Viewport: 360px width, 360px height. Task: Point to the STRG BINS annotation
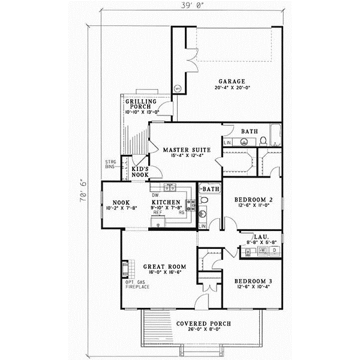111,164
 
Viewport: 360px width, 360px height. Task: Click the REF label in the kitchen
157,212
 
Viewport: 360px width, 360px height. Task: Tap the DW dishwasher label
155,195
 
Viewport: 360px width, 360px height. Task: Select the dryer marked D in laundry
274,250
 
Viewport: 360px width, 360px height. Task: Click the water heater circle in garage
178,88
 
